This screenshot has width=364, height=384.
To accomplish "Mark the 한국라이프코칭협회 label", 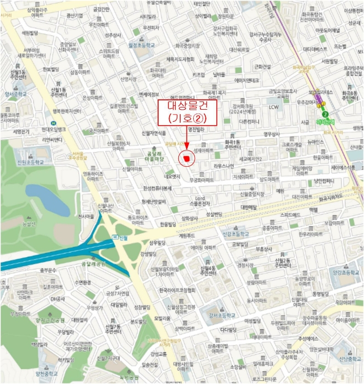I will [177, 290].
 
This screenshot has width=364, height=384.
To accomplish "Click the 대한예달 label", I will [249, 207].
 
